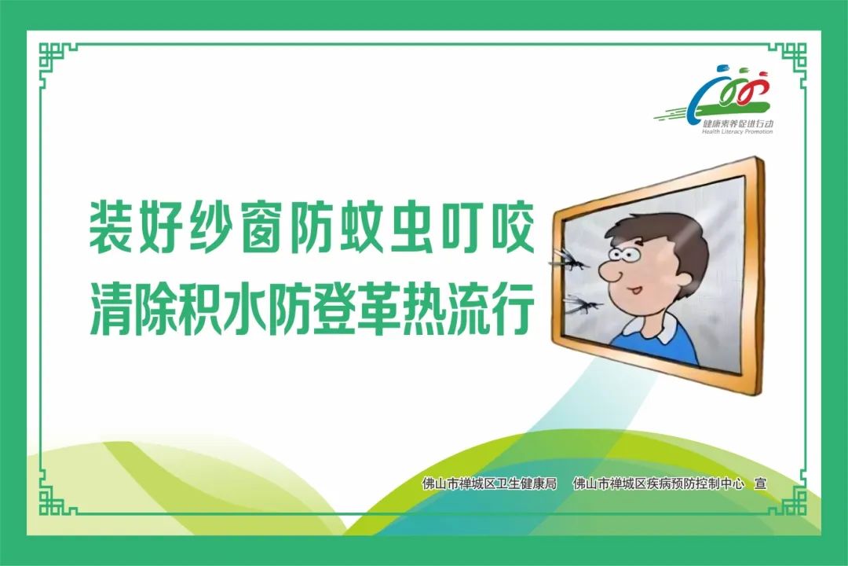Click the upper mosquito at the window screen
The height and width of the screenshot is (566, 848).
pos(568,260)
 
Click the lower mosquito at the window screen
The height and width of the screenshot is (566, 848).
pos(581,305)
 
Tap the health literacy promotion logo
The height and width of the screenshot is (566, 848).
pos(719,100)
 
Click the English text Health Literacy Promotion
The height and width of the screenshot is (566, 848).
pos(737,131)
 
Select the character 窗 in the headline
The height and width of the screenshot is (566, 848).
pos(261,227)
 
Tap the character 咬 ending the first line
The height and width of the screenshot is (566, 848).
pos(512,227)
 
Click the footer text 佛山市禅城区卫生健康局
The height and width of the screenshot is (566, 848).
pos(489,483)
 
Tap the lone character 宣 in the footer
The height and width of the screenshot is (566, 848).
pos(760,483)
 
